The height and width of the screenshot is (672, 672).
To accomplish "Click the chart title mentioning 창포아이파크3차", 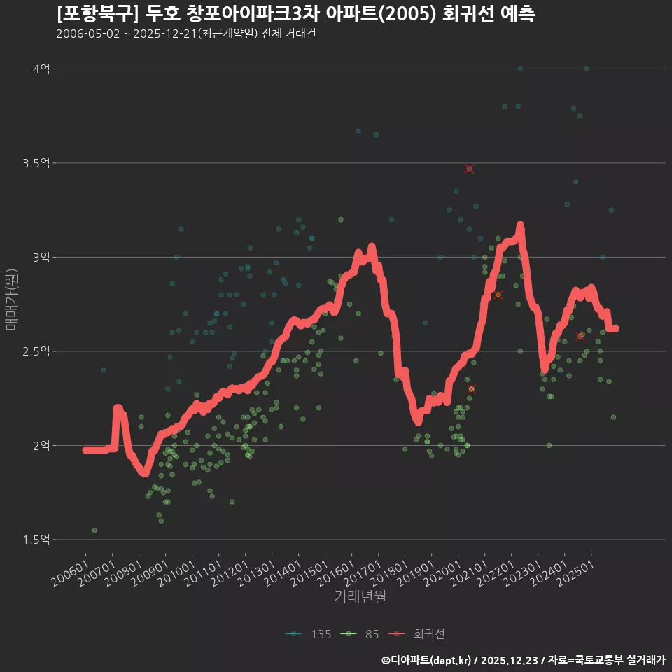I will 295,14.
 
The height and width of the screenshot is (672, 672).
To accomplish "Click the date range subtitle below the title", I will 185,34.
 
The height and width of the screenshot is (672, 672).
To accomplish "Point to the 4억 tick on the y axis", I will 41,69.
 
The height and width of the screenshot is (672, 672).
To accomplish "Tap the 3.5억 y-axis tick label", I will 36,163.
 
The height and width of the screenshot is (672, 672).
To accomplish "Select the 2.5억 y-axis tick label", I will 36,351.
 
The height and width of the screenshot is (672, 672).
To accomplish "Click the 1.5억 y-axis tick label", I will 36,540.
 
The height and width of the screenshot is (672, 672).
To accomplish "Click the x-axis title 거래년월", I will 360,597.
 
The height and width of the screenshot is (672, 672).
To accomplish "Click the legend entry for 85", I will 362,634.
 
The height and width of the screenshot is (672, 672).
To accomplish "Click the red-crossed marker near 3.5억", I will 469,169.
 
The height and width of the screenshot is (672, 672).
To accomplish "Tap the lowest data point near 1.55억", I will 94,530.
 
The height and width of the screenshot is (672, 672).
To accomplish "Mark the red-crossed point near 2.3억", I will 471,389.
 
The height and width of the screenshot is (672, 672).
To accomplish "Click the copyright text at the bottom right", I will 523,659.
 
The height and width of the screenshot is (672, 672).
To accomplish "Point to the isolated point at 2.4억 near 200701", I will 103,370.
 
